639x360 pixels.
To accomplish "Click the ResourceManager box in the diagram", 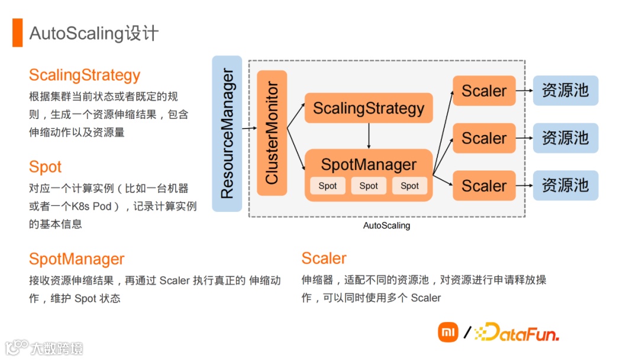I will point(227,134).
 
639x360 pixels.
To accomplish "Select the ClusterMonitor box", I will point(272,133).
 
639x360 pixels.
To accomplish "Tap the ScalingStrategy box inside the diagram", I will point(369,108).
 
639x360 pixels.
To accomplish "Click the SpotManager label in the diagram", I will point(369,164).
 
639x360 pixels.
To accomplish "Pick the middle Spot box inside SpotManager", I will point(369,186).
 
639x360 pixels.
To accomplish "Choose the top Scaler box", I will point(484,91).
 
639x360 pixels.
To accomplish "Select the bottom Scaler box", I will point(484,186).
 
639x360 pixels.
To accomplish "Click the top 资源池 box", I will point(566,91).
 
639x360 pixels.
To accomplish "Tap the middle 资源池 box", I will point(566,138).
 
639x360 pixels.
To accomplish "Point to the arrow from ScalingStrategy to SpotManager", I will point(369,136).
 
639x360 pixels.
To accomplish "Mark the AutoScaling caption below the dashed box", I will point(386,226).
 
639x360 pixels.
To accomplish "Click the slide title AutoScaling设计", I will point(94,33).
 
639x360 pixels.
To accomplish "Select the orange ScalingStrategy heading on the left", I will point(85,75).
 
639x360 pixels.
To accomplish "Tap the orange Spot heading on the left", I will point(45,167).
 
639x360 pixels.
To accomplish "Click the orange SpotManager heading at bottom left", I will point(77,259).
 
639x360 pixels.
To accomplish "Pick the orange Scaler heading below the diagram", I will point(324,258).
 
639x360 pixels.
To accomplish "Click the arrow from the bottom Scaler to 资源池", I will point(524,186).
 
